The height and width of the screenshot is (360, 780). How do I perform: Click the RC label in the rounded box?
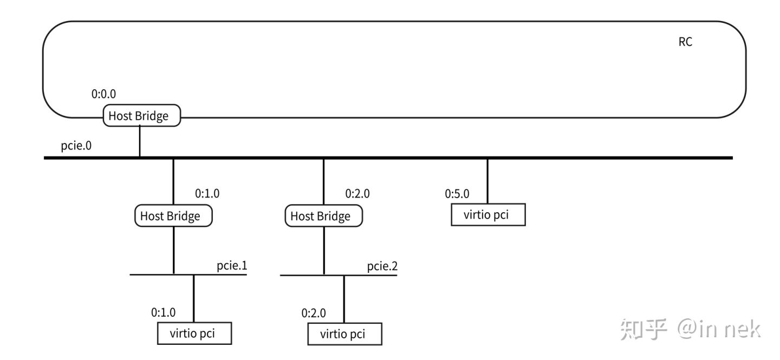(x=685, y=42)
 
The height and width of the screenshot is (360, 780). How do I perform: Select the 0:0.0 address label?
(x=103, y=94)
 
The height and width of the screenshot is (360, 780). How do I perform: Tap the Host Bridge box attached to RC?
(x=141, y=116)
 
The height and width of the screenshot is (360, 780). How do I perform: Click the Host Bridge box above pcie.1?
(x=173, y=216)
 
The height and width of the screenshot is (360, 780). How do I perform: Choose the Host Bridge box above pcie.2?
(x=323, y=216)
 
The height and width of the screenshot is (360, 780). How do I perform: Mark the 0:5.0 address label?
(x=457, y=193)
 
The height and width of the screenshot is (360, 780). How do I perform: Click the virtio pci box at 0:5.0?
(x=488, y=214)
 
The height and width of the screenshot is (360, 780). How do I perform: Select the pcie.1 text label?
(x=232, y=266)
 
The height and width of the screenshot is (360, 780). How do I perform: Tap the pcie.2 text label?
(x=382, y=266)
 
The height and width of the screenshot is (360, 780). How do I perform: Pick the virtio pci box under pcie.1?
(x=194, y=333)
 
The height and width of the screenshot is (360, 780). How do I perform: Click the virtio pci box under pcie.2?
(x=344, y=334)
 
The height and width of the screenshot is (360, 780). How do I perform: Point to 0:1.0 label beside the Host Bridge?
(x=207, y=193)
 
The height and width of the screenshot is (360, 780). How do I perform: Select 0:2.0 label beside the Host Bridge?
(x=357, y=193)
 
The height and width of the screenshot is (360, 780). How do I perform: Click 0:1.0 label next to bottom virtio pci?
(x=163, y=313)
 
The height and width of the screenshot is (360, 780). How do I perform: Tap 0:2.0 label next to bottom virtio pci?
(x=314, y=313)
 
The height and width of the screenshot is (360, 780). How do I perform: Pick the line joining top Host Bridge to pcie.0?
(x=140, y=142)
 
